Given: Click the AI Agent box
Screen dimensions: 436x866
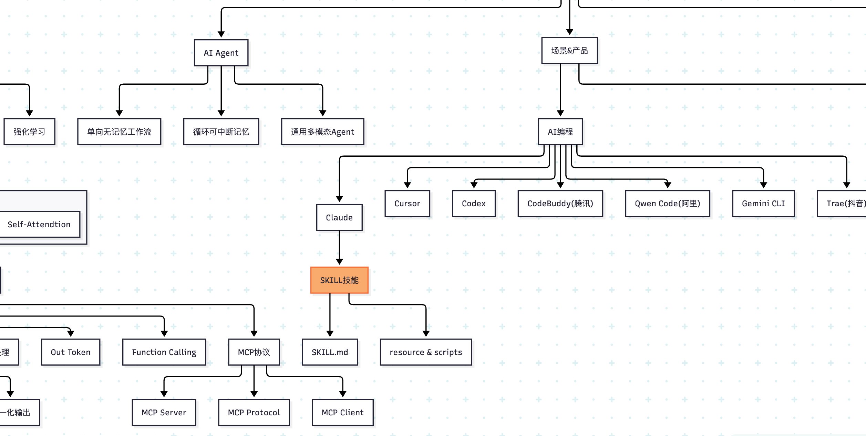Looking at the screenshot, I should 221,53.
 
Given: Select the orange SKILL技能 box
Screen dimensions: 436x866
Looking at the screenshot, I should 339,280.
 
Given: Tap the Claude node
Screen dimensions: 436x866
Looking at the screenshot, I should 339,217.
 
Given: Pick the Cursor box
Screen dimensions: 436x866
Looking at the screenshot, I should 407,204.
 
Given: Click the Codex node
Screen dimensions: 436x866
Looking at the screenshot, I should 474,204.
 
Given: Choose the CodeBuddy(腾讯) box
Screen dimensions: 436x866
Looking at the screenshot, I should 560,204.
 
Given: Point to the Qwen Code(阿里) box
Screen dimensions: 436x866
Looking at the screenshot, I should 667,204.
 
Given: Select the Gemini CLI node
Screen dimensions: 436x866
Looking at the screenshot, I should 763,204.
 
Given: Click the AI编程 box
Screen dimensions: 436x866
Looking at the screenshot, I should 560,132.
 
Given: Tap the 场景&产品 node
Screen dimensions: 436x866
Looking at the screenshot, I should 569,51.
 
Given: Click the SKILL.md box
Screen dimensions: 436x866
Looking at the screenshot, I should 330,352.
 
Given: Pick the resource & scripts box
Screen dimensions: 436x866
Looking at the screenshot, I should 426,352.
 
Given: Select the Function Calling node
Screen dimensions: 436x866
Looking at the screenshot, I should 164,352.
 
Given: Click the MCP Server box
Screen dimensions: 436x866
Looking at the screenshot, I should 164,412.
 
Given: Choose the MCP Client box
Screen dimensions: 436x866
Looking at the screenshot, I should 342,412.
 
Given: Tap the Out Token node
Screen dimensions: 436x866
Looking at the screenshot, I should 71,352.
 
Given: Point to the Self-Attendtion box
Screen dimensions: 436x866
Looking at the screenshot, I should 39,224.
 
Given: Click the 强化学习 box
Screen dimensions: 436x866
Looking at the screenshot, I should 29,132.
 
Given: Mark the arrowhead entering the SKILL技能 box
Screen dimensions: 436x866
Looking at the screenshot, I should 339,262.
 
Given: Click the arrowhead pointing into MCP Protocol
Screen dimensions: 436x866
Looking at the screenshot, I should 254,394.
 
